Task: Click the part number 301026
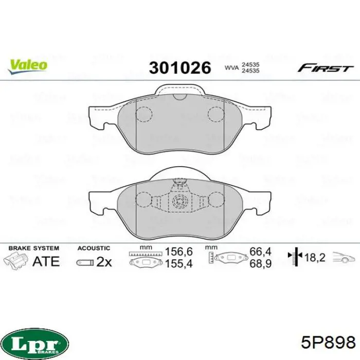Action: click(x=180, y=67)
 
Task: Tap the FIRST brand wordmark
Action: click(x=326, y=68)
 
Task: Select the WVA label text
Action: click(x=231, y=68)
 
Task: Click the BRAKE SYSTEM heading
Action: click(x=34, y=248)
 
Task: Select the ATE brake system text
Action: click(x=46, y=261)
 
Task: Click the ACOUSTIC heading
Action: click(x=94, y=248)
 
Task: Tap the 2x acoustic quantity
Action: click(x=104, y=262)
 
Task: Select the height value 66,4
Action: click(x=260, y=252)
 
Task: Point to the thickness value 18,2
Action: click(x=314, y=257)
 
